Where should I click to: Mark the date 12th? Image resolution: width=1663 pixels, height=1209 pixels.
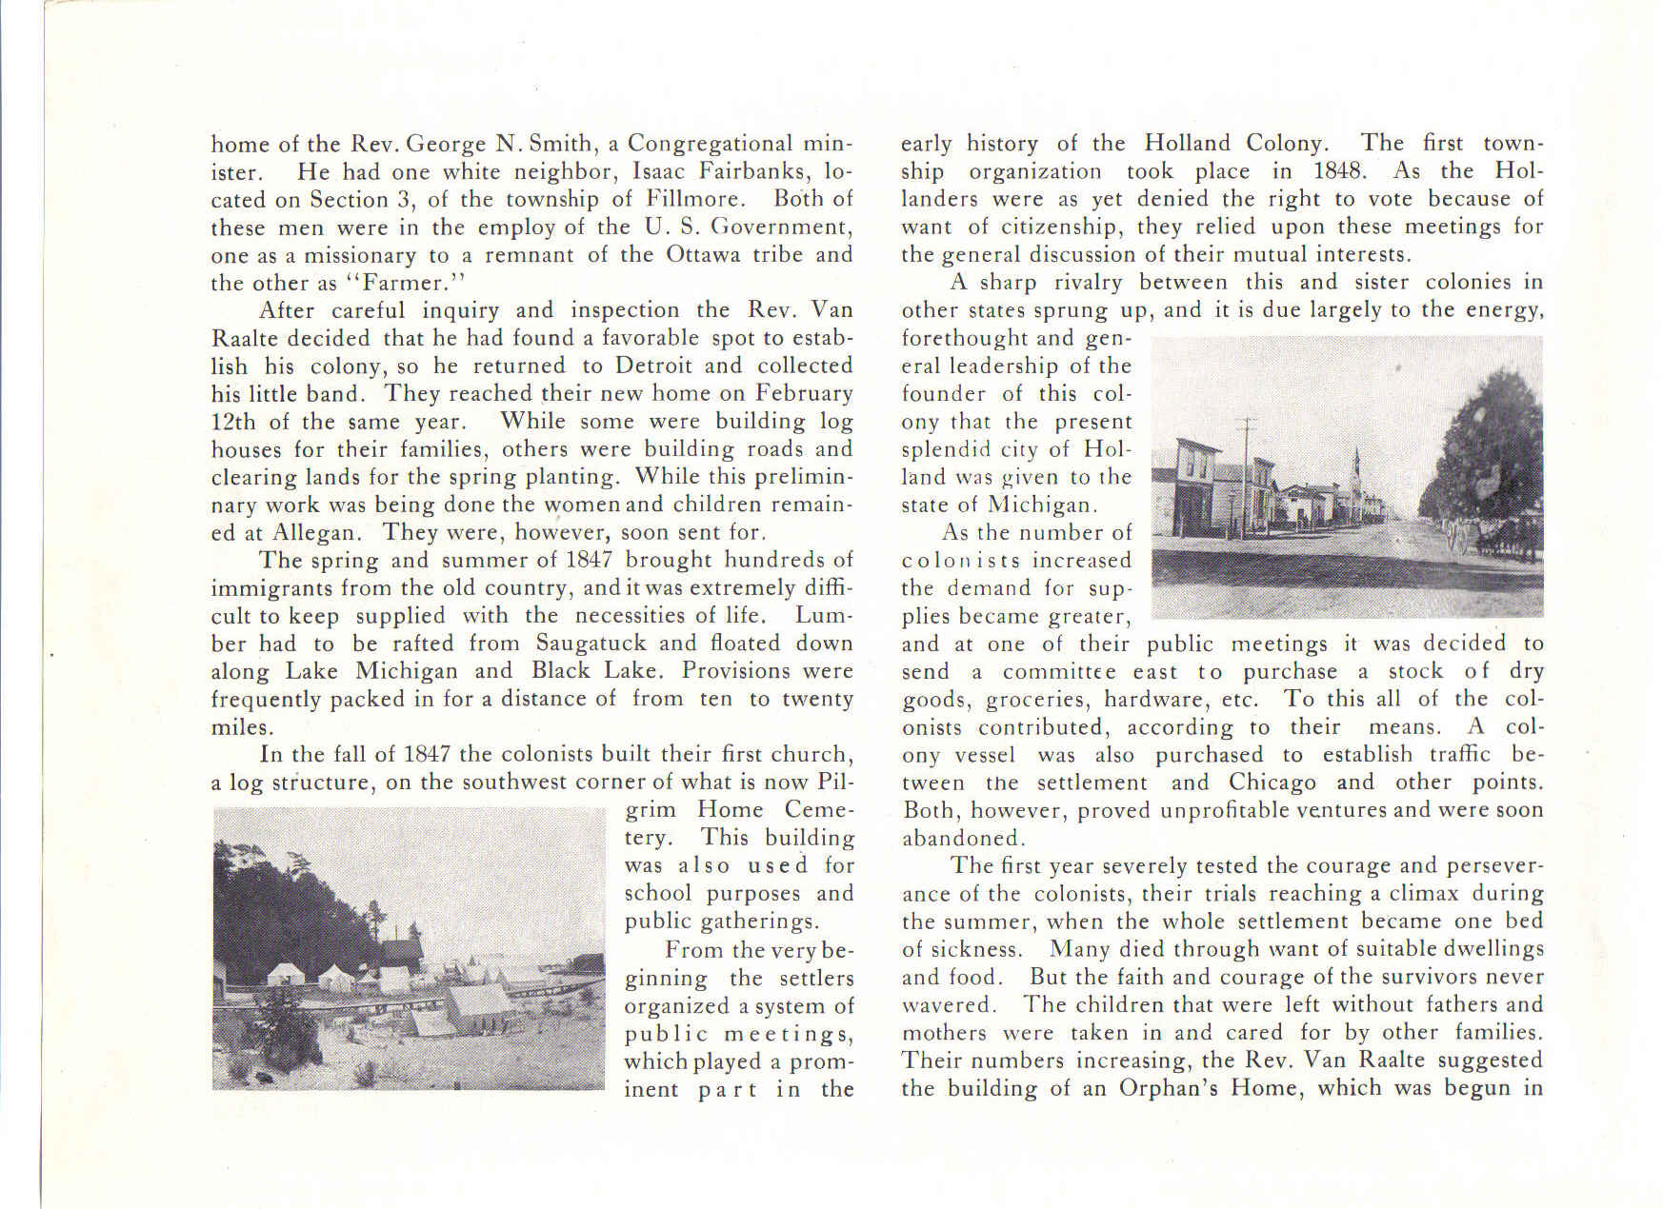[x=232, y=421]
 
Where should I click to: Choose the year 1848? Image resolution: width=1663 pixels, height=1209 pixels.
[x=1340, y=171]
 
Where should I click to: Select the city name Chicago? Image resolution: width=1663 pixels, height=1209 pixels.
[x=1272, y=783]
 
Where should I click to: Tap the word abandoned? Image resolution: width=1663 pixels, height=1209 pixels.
[x=963, y=839]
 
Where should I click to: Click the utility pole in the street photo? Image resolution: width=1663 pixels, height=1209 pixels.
[x=1245, y=476]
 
